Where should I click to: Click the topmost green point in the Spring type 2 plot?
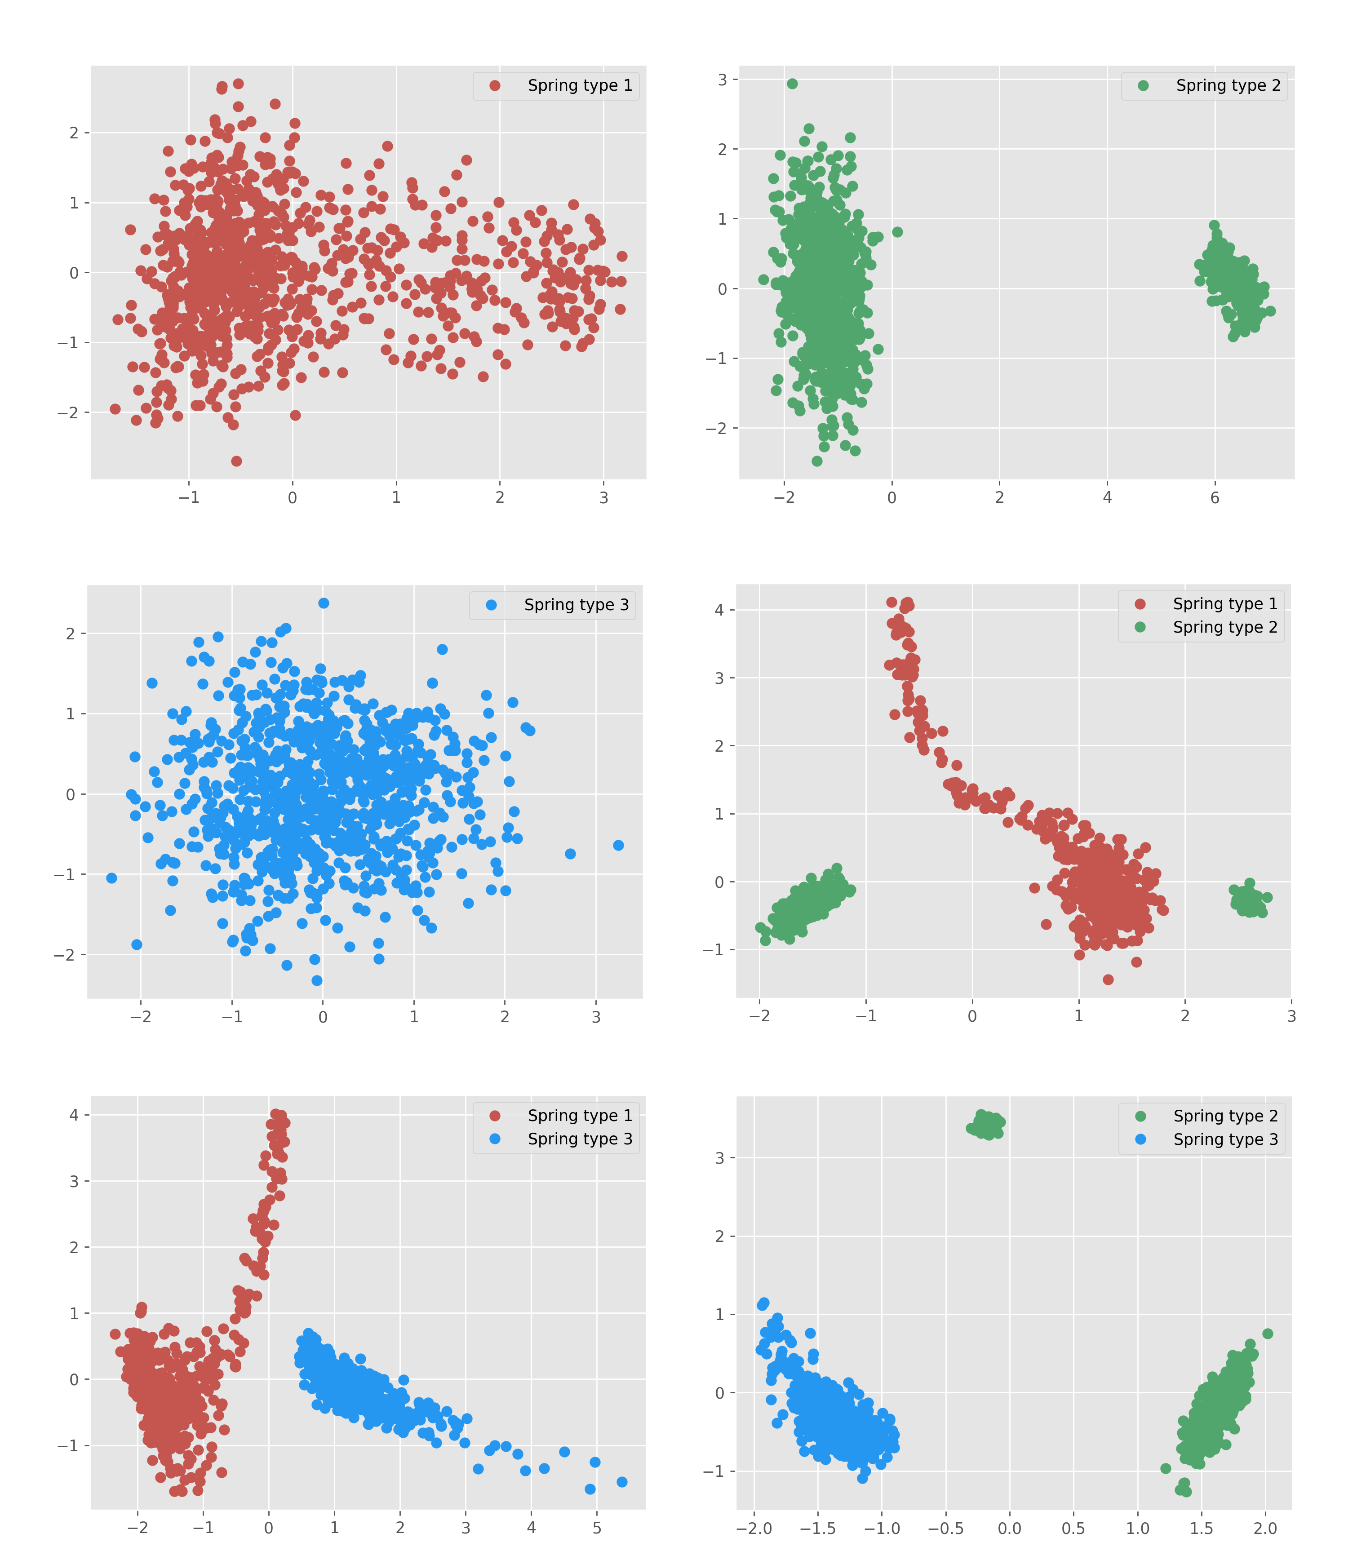pos(792,84)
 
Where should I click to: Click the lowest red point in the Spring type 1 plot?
pos(236,461)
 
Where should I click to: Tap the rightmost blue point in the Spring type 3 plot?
pos(618,845)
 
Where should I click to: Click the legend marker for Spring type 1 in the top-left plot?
pos(495,86)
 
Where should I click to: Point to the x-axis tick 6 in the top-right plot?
pos(1214,498)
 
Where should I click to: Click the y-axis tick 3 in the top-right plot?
pos(722,80)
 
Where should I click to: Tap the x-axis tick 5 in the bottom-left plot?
pos(596,1528)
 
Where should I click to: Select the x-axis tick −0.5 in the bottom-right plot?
pos(945,1528)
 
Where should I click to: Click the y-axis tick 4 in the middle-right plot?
pos(718,610)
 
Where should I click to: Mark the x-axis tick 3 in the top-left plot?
pos(603,498)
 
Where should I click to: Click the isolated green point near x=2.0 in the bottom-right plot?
pos(1267,1333)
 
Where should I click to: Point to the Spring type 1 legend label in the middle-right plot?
pos(1225,604)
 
